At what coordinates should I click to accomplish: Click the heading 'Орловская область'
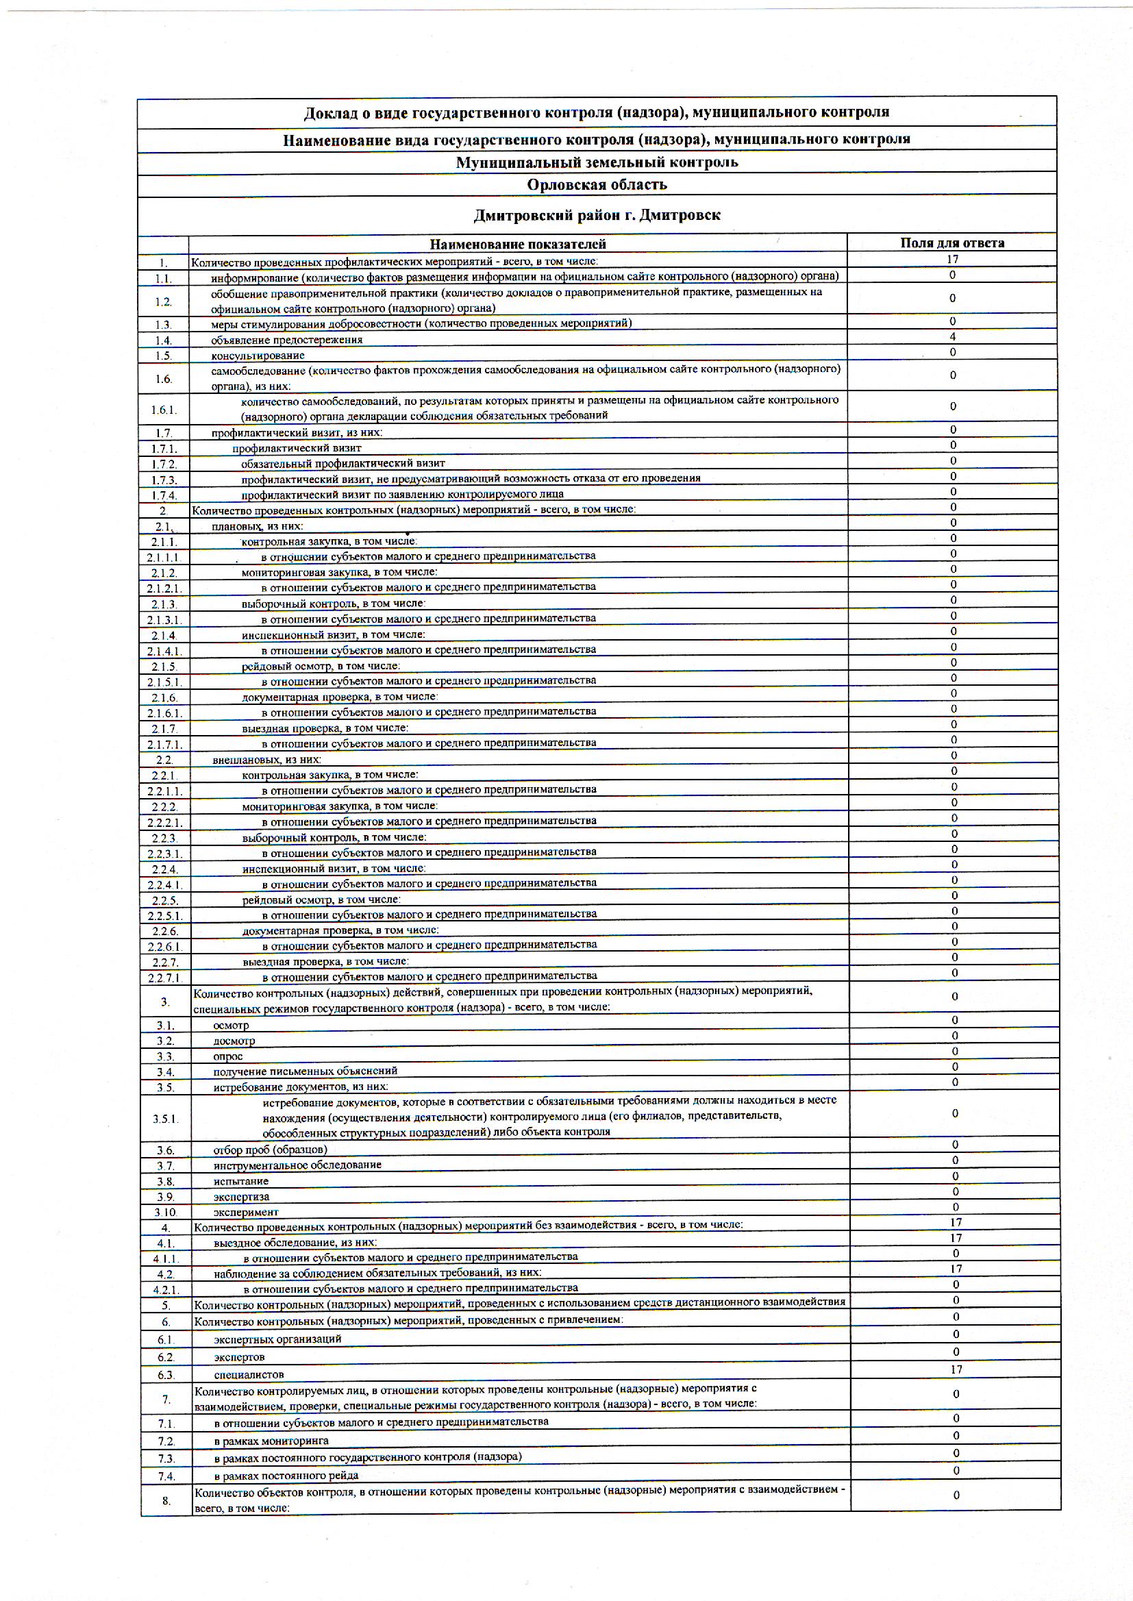[597, 185]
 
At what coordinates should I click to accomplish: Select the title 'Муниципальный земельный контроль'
[597, 162]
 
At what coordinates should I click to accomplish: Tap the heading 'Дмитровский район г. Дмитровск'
[597, 216]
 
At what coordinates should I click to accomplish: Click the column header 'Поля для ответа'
[951, 243]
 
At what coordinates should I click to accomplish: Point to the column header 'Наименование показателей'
[517, 244]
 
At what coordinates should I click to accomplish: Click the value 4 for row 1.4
[952, 337]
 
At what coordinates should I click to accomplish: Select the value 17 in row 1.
[952, 260]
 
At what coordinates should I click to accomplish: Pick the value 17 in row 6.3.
[956, 1369]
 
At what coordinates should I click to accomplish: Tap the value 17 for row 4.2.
[956, 1269]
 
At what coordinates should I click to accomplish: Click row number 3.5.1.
[166, 1119]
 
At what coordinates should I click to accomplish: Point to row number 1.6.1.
[164, 410]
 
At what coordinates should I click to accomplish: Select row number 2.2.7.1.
[165, 978]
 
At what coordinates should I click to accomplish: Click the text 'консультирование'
[258, 356]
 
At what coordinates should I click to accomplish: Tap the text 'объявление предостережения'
[287, 340]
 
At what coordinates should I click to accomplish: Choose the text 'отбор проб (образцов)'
[270, 1150]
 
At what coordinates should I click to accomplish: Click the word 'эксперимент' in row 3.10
[246, 1213]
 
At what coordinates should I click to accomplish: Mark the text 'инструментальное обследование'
[297, 1165]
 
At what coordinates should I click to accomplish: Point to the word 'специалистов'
[249, 1375]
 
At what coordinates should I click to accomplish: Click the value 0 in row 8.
[956, 1495]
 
